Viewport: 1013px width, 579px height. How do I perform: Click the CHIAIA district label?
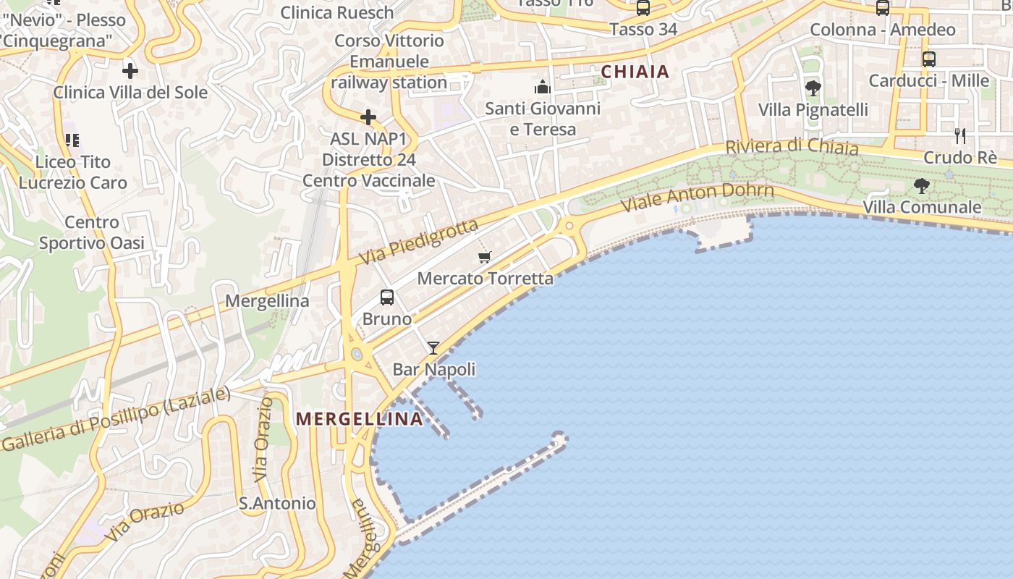[x=635, y=72]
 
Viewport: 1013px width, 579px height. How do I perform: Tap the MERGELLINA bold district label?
[x=360, y=418]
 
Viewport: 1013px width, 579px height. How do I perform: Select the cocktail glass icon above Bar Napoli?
[x=433, y=348]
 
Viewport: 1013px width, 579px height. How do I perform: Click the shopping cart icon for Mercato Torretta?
[x=485, y=257]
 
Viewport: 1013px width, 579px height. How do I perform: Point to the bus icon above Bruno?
[x=387, y=297]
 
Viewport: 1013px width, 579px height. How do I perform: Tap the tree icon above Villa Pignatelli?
[x=813, y=88]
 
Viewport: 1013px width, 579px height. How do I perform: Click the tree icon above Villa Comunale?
[x=921, y=186]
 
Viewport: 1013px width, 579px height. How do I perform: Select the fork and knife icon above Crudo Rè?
[x=960, y=135]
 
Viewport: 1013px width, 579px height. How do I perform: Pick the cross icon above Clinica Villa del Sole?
[x=130, y=71]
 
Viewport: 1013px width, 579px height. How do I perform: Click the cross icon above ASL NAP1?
[x=368, y=117]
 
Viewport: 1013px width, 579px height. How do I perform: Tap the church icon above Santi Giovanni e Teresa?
[x=543, y=88]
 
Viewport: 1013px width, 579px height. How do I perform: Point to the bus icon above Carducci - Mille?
[x=929, y=59]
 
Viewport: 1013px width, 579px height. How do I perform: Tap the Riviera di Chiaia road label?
[x=792, y=146]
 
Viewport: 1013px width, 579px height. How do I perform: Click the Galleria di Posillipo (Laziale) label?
[x=116, y=419]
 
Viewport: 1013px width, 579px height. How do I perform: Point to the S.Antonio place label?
[x=278, y=503]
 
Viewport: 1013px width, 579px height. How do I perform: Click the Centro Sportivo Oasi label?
[x=92, y=232]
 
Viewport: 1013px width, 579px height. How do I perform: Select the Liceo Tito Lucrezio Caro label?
[x=73, y=172]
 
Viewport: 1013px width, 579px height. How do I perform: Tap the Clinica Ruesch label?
[x=337, y=12]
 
